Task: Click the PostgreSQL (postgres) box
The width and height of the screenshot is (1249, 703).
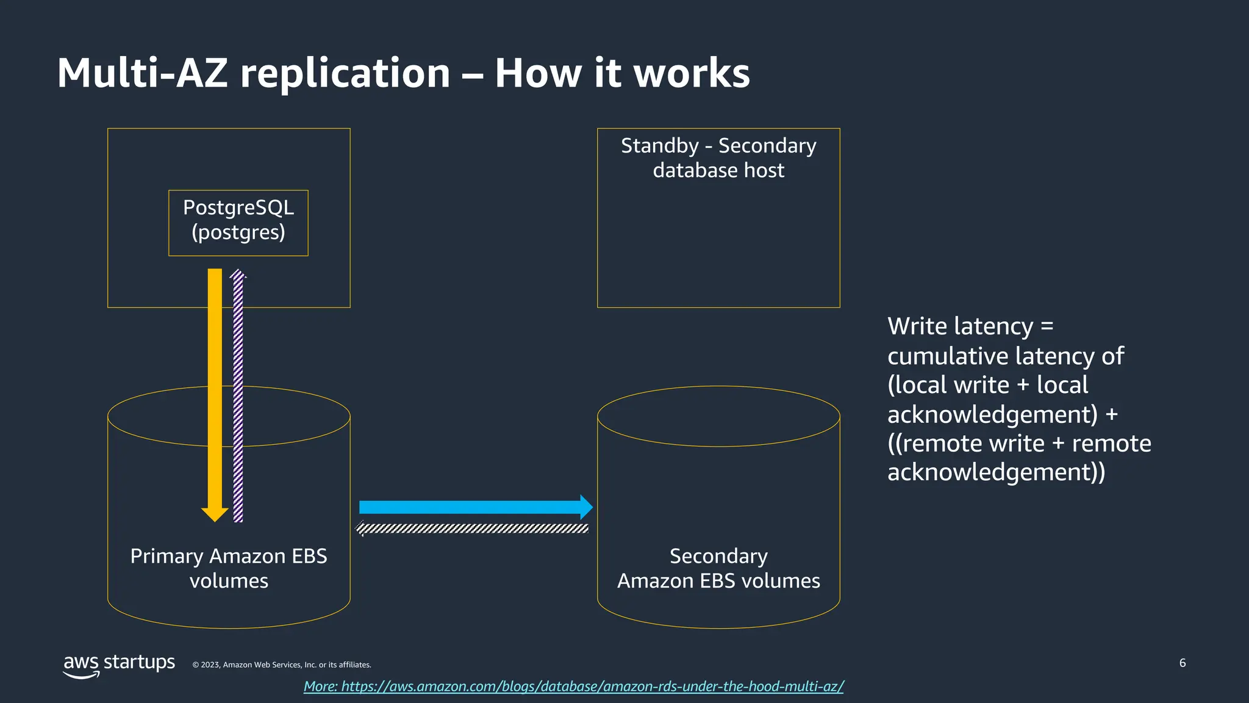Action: [x=238, y=223]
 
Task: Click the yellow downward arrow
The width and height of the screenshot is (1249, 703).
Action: [x=215, y=391]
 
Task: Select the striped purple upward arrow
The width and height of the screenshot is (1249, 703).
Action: [x=238, y=397]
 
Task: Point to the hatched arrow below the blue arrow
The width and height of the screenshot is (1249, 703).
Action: [x=473, y=528]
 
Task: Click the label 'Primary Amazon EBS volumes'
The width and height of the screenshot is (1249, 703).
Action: [x=229, y=568]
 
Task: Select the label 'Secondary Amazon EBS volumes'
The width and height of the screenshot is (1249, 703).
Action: [x=718, y=568]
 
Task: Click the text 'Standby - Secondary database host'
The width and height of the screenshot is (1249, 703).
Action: [x=718, y=157]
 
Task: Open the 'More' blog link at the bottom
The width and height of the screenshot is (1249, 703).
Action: [x=573, y=687]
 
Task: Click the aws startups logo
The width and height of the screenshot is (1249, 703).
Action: [x=119, y=665]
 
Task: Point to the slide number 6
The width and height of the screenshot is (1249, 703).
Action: [x=1183, y=663]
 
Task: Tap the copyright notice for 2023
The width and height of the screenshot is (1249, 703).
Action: [x=282, y=665]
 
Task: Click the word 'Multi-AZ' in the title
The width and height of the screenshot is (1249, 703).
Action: [x=142, y=73]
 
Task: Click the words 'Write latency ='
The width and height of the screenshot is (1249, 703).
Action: [x=970, y=326]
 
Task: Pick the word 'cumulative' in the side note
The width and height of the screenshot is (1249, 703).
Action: [x=947, y=356]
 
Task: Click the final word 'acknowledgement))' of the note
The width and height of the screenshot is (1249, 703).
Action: [x=996, y=472]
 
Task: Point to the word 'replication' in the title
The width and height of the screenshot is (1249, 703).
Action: [x=345, y=73]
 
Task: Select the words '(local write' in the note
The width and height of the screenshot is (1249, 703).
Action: [x=948, y=385]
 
